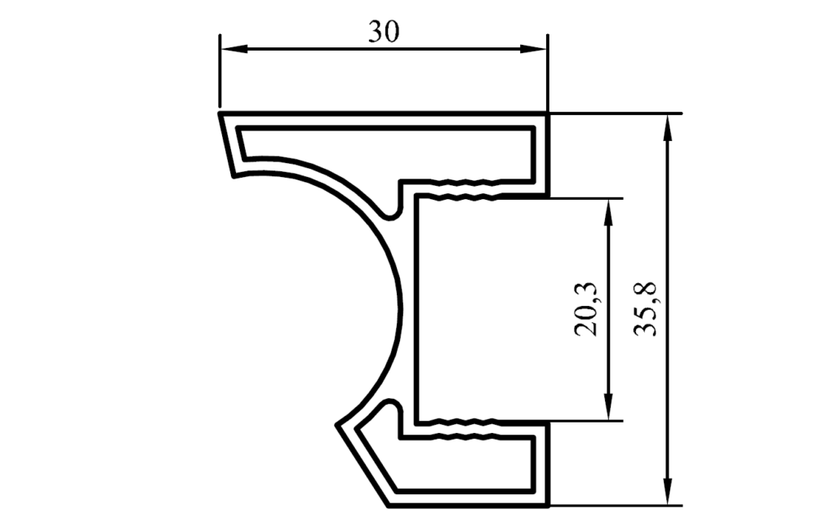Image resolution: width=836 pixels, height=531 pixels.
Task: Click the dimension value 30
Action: [384, 32]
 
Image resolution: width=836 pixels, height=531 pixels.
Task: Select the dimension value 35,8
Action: [646, 309]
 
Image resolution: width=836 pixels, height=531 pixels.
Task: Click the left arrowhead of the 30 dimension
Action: [234, 49]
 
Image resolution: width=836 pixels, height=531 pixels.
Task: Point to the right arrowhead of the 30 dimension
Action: [533, 49]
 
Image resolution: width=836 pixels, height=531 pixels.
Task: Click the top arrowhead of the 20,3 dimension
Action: [609, 213]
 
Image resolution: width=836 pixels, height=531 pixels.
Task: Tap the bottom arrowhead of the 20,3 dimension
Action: [609, 406]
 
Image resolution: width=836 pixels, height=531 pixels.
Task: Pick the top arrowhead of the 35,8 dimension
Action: [667, 128]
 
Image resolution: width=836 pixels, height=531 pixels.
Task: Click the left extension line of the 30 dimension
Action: [220, 71]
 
